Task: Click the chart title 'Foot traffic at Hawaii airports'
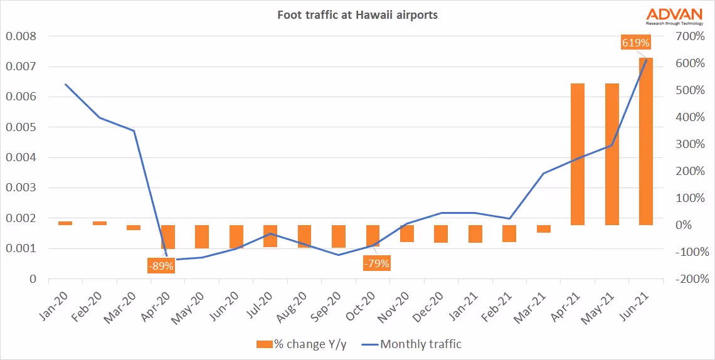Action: [x=357, y=14]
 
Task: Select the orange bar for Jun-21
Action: [x=646, y=141]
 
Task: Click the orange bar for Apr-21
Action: [x=578, y=154]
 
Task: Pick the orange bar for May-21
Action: [x=612, y=154]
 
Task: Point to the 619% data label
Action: [x=635, y=43]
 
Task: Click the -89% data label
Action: [x=161, y=265]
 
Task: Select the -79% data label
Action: [x=376, y=263]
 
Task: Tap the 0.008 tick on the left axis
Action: [x=21, y=36]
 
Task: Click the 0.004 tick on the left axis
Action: [x=21, y=157]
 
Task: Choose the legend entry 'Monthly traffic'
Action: [x=419, y=344]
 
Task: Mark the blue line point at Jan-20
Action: [x=65, y=84]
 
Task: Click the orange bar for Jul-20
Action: [x=270, y=236]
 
